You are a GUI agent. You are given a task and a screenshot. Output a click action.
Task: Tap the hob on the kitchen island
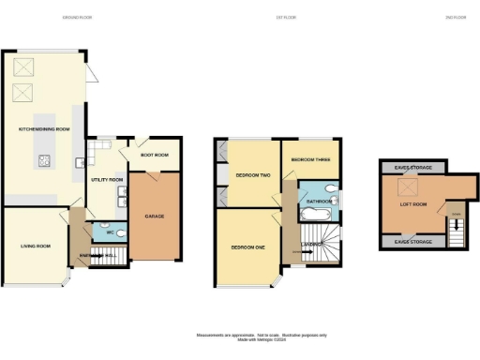point(43,160)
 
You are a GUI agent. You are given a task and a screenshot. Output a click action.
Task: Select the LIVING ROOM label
point(36,247)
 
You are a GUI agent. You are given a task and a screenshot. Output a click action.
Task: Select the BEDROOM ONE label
point(247,247)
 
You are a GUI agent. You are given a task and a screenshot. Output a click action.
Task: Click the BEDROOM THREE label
point(308,160)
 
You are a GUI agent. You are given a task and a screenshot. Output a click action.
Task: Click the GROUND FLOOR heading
point(76,18)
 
